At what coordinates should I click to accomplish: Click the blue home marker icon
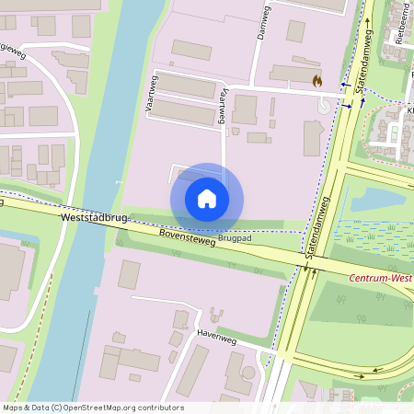[x=207, y=199]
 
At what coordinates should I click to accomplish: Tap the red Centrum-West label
[x=380, y=277]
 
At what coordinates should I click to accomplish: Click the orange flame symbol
[x=317, y=81]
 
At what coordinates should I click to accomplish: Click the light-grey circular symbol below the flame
[x=323, y=105]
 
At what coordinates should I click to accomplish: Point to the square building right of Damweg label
[x=295, y=31]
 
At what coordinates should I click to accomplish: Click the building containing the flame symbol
[x=296, y=75]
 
